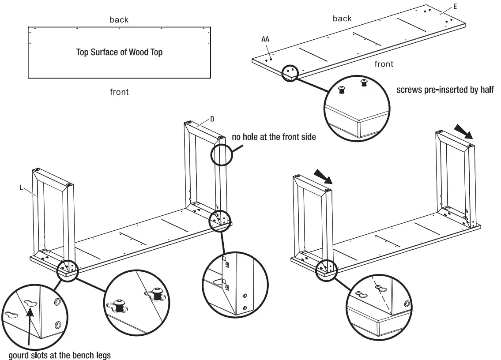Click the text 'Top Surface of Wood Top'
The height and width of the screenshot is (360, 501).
(x=119, y=52)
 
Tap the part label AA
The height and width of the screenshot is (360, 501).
(x=265, y=39)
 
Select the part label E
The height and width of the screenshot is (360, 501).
(x=455, y=7)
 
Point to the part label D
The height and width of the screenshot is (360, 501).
(x=212, y=119)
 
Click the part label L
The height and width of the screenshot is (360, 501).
(x=21, y=187)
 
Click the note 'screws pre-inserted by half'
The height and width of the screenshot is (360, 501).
(x=445, y=90)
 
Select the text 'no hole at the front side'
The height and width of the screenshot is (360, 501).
(x=274, y=137)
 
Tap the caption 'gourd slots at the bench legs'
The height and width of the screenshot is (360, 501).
(x=60, y=355)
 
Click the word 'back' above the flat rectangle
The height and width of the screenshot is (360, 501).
(x=119, y=20)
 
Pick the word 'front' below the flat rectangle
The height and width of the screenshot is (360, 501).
(x=119, y=92)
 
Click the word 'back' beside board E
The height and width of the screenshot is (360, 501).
(x=342, y=19)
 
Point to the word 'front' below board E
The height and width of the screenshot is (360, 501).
(x=384, y=64)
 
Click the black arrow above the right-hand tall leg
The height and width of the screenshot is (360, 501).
(x=463, y=131)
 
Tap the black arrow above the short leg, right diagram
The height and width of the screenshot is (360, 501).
(x=323, y=177)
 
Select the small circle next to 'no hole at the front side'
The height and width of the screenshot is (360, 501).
(x=222, y=155)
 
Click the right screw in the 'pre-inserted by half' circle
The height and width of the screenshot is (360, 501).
(x=364, y=83)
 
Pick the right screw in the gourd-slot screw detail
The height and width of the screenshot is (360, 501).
(x=157, y=293)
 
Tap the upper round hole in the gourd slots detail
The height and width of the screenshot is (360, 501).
(x=57, y=301)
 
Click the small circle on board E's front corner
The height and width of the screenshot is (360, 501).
(x=290, y=72)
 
